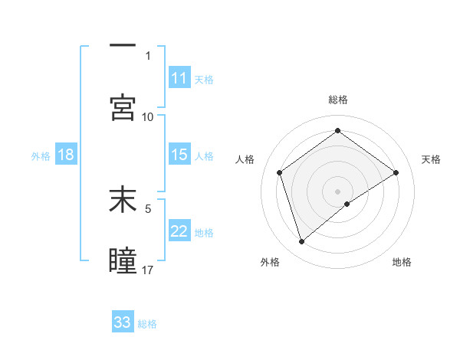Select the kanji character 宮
[x=123, y=106]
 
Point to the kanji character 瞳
[x=123, y=260]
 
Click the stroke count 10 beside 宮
[x=148, y=116]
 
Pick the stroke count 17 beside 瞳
[x=148, y=270]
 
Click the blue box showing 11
[x=179, y=78]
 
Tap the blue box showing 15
[x=179, y=155]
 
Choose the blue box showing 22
[x=179, y=231]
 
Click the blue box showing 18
[x=66, y=155]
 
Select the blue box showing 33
[x=123, y=322]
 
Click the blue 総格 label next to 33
[x=148, y=324]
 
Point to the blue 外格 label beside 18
[x=41, y=156]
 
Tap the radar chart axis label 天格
[x=432, y=159]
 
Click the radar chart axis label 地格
[x=402, y=262]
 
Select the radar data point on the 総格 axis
[x=337, y=131]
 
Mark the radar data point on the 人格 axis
[x=280, y=172]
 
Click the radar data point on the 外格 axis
[x=301, y=242]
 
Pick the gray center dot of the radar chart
[x=337, y=191]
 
